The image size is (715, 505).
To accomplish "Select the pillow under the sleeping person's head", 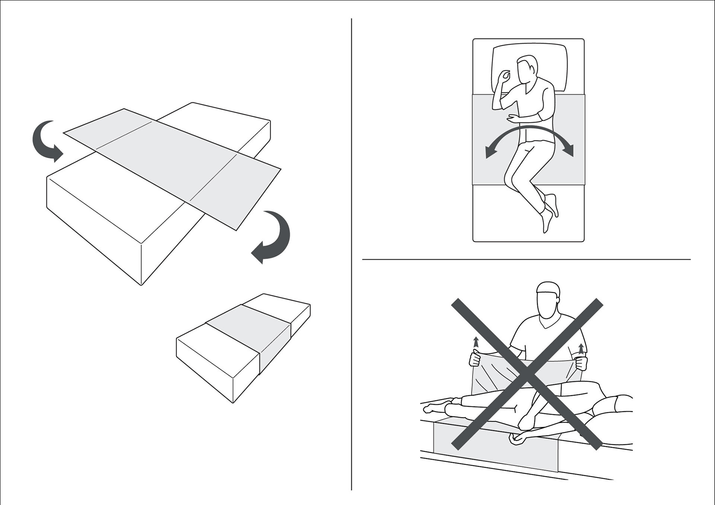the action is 530,69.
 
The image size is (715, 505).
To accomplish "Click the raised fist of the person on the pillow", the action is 505,77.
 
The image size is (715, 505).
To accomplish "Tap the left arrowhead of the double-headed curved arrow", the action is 489,153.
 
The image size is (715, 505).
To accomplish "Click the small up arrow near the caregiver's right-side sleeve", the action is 581,349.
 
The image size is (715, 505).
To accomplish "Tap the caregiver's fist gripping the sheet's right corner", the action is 581,364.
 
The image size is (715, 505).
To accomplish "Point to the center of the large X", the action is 527,374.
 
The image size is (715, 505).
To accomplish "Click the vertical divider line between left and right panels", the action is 352,253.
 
